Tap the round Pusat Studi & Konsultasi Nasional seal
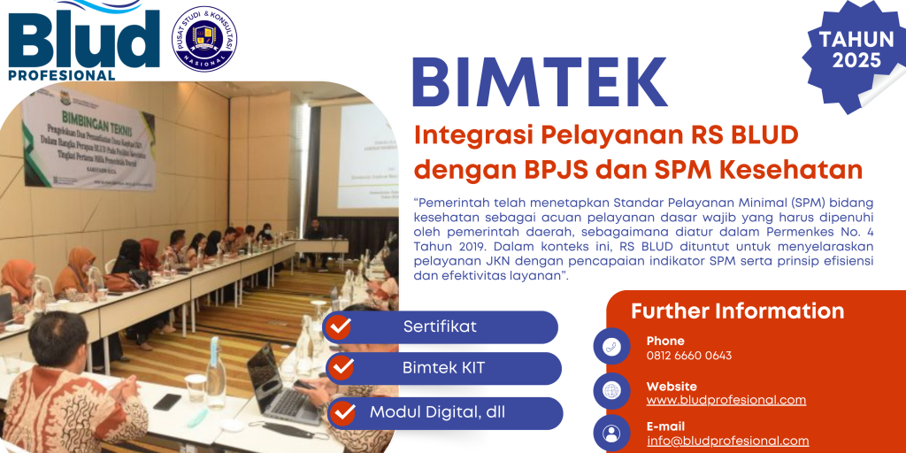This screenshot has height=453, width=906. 204,39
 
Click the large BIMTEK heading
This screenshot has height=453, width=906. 540,83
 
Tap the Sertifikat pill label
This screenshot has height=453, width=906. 440,326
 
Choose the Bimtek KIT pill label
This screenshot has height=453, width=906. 443,368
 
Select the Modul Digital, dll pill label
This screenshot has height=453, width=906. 438,411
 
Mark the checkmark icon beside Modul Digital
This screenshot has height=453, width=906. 344,412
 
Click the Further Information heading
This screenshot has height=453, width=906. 737,311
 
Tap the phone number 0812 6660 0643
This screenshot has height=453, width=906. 688,356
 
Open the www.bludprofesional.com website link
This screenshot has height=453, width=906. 726,400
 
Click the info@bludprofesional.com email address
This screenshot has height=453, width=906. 727,441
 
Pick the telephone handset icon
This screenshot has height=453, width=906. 611,347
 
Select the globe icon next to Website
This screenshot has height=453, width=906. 611,390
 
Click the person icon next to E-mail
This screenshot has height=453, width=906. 611,433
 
